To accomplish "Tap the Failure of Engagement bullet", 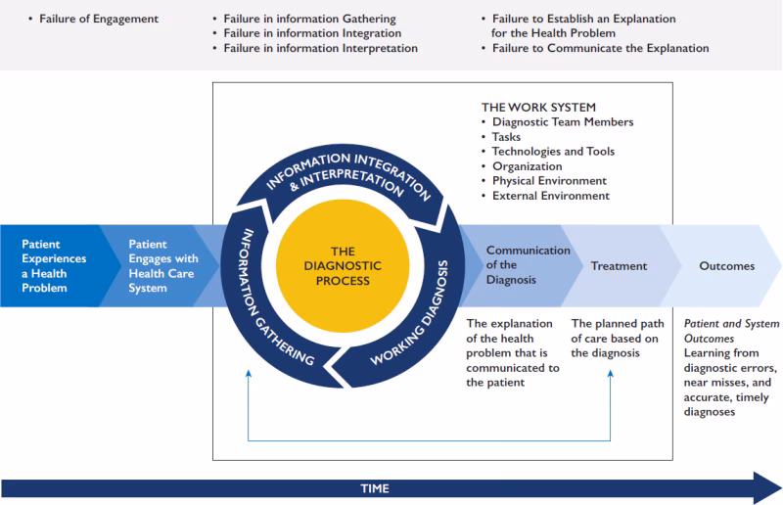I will tap(98, 19).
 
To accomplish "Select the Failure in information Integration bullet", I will tap(313, 33).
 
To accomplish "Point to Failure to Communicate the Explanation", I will tap(601, 48).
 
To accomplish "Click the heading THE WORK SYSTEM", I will tap(538, 107).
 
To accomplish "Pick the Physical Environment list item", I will tap(549, 181).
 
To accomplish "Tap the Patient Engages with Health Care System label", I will tap(161, 266).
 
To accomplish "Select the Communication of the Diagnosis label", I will tap(528, 264).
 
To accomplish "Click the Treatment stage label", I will tap(619, 266).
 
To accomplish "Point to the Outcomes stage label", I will tap(726, 266).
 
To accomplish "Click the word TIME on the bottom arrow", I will tap(374, 488).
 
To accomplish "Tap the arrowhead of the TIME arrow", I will tap(763, 487).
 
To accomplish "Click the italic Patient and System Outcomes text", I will tap(731, 330).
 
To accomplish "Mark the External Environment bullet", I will tap(551, 196).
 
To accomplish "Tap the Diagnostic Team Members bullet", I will tap(563, 122).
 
